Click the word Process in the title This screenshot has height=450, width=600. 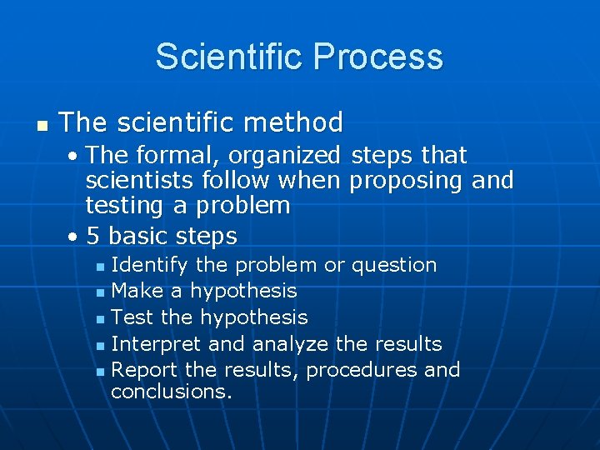(x=378, y=57)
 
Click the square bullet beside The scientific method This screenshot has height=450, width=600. (x=41, y=125)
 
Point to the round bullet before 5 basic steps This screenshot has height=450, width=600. (x=74, y=237)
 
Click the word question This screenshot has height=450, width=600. (x=394, y=266)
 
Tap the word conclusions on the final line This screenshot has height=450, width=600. (x=171, y=392)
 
